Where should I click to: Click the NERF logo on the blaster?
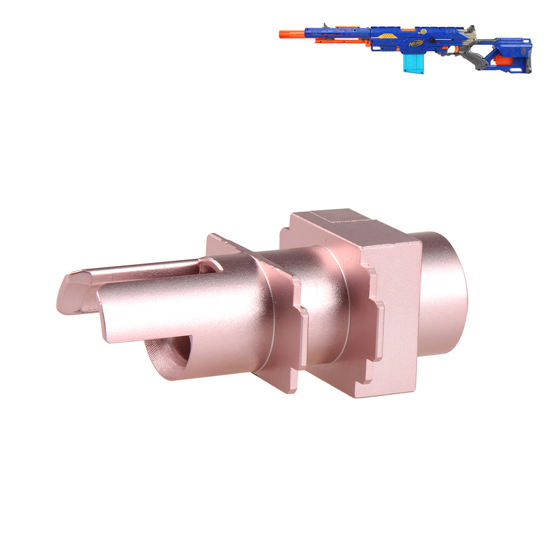(416, 43)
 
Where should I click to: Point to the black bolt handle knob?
(432, 44)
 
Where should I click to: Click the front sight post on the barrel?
(325, 26)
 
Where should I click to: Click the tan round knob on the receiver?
(423, 32)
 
